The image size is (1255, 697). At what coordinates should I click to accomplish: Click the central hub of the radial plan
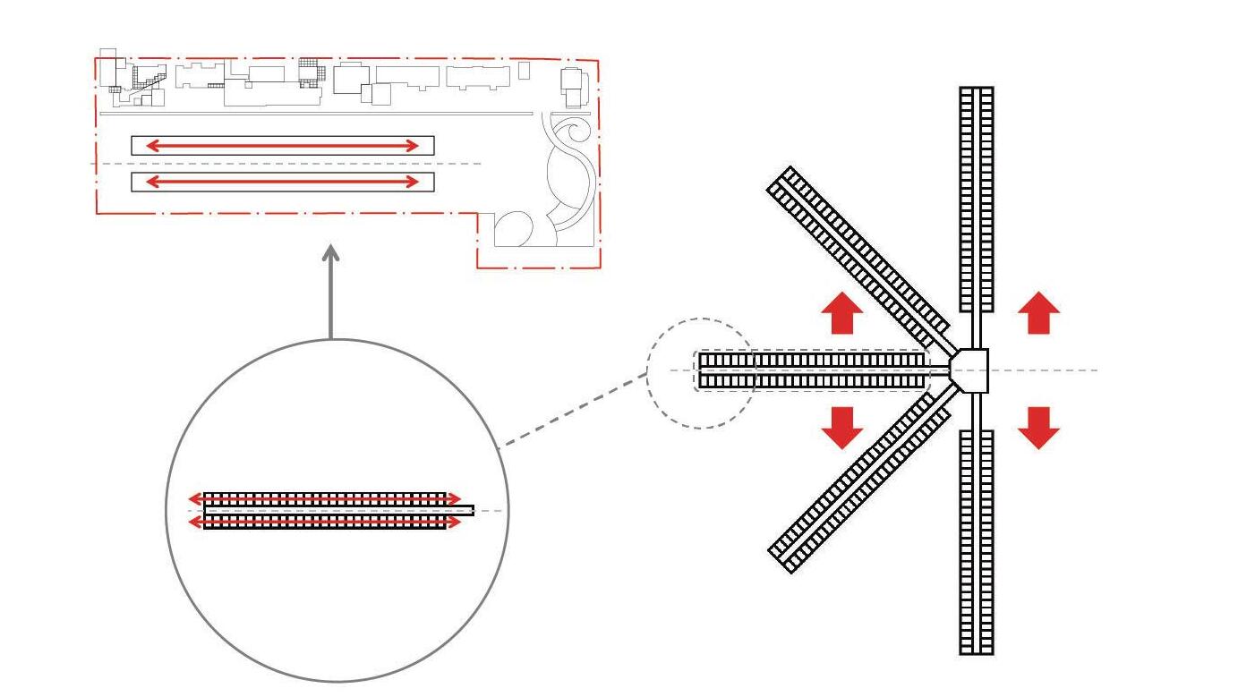click(969, 370)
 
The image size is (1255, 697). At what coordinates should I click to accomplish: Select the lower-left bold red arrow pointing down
click(841, 427)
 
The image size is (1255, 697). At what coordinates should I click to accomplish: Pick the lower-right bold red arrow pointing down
click(1038, 427)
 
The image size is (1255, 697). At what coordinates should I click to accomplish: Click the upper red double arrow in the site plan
click(282, 145)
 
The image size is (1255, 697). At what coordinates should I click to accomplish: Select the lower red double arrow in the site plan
click(282, 182)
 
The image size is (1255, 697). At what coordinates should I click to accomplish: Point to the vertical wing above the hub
click(977, 197)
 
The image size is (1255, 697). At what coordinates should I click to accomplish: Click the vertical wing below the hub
click(977, 541)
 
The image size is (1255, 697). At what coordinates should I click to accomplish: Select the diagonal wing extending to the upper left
click(858, 250)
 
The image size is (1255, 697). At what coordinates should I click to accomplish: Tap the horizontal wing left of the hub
click(810, 370)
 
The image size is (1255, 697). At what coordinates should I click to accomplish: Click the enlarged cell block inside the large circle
click(324, 510)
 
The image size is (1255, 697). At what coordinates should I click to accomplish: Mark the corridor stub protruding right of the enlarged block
click(459, 510)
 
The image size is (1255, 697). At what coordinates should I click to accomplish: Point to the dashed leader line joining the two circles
click(573, 408)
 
